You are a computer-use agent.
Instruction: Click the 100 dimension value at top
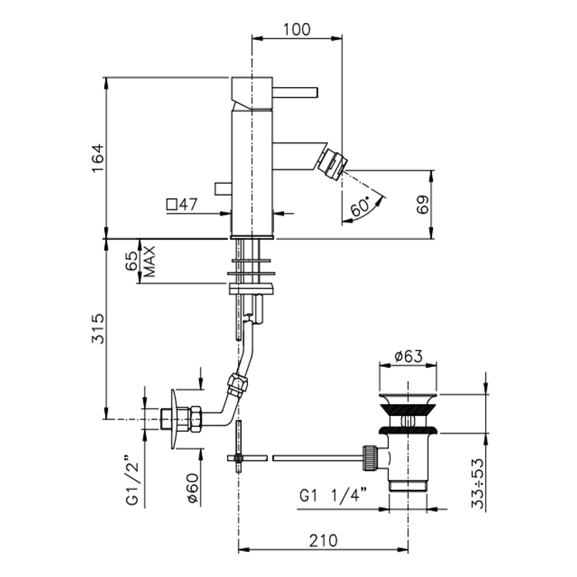click(296, 30)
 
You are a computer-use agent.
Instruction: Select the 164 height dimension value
click(98, 158)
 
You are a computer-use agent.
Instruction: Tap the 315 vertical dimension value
click(98, 329)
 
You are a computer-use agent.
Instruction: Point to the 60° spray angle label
click(360, 206)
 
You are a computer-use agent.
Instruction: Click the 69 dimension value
click(423, 205)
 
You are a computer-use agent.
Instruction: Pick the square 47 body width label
click(182, 204)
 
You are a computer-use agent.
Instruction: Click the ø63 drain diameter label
click(409, 356)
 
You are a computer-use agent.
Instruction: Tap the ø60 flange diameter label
click(193, 488)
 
